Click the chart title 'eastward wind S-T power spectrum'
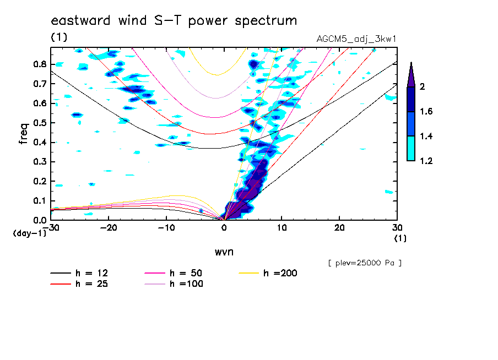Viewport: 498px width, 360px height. pyautogui.click(x=174, y=21)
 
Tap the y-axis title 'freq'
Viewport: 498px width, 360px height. pyautogui.click(x=24, y=133)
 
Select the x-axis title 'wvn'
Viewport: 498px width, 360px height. pyautogui.click(x=224, y=252)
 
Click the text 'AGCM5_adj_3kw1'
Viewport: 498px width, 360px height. pyautogui.click(x=356, y=39)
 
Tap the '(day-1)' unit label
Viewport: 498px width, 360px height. pyautogui.click(x=29, y=233)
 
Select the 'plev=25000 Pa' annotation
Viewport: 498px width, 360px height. pyautogui.click(x=365, y=263)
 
